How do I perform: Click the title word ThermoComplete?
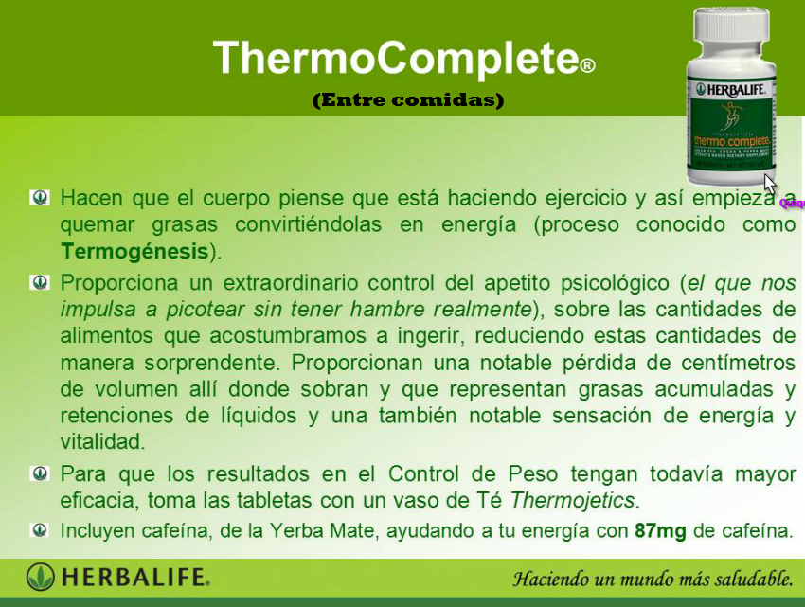pyautogui.click(x=395, y=59)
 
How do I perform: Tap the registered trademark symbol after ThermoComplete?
pyautogui.click(x=587, y=66)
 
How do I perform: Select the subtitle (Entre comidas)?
pyautogui.click(x=408, y=100)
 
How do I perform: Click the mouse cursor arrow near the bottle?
pyautogui.click(x=769, y=183)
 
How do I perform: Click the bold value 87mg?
pyautogui.click(x=660, y=530)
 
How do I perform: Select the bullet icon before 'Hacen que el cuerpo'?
pyautogui.click(x=40, y=198)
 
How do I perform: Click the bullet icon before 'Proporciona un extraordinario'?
pyautogui.click(x=40, y=282)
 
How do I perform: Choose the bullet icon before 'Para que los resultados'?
pyautogui.click(x=40, y=473)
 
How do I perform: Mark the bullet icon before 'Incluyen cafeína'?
pyautogui.click(x=40, y=530)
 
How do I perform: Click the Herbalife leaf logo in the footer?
pyautogui.click(x=40, y=576)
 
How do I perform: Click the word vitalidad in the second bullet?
pyautogui.click(x=102, y=441)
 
